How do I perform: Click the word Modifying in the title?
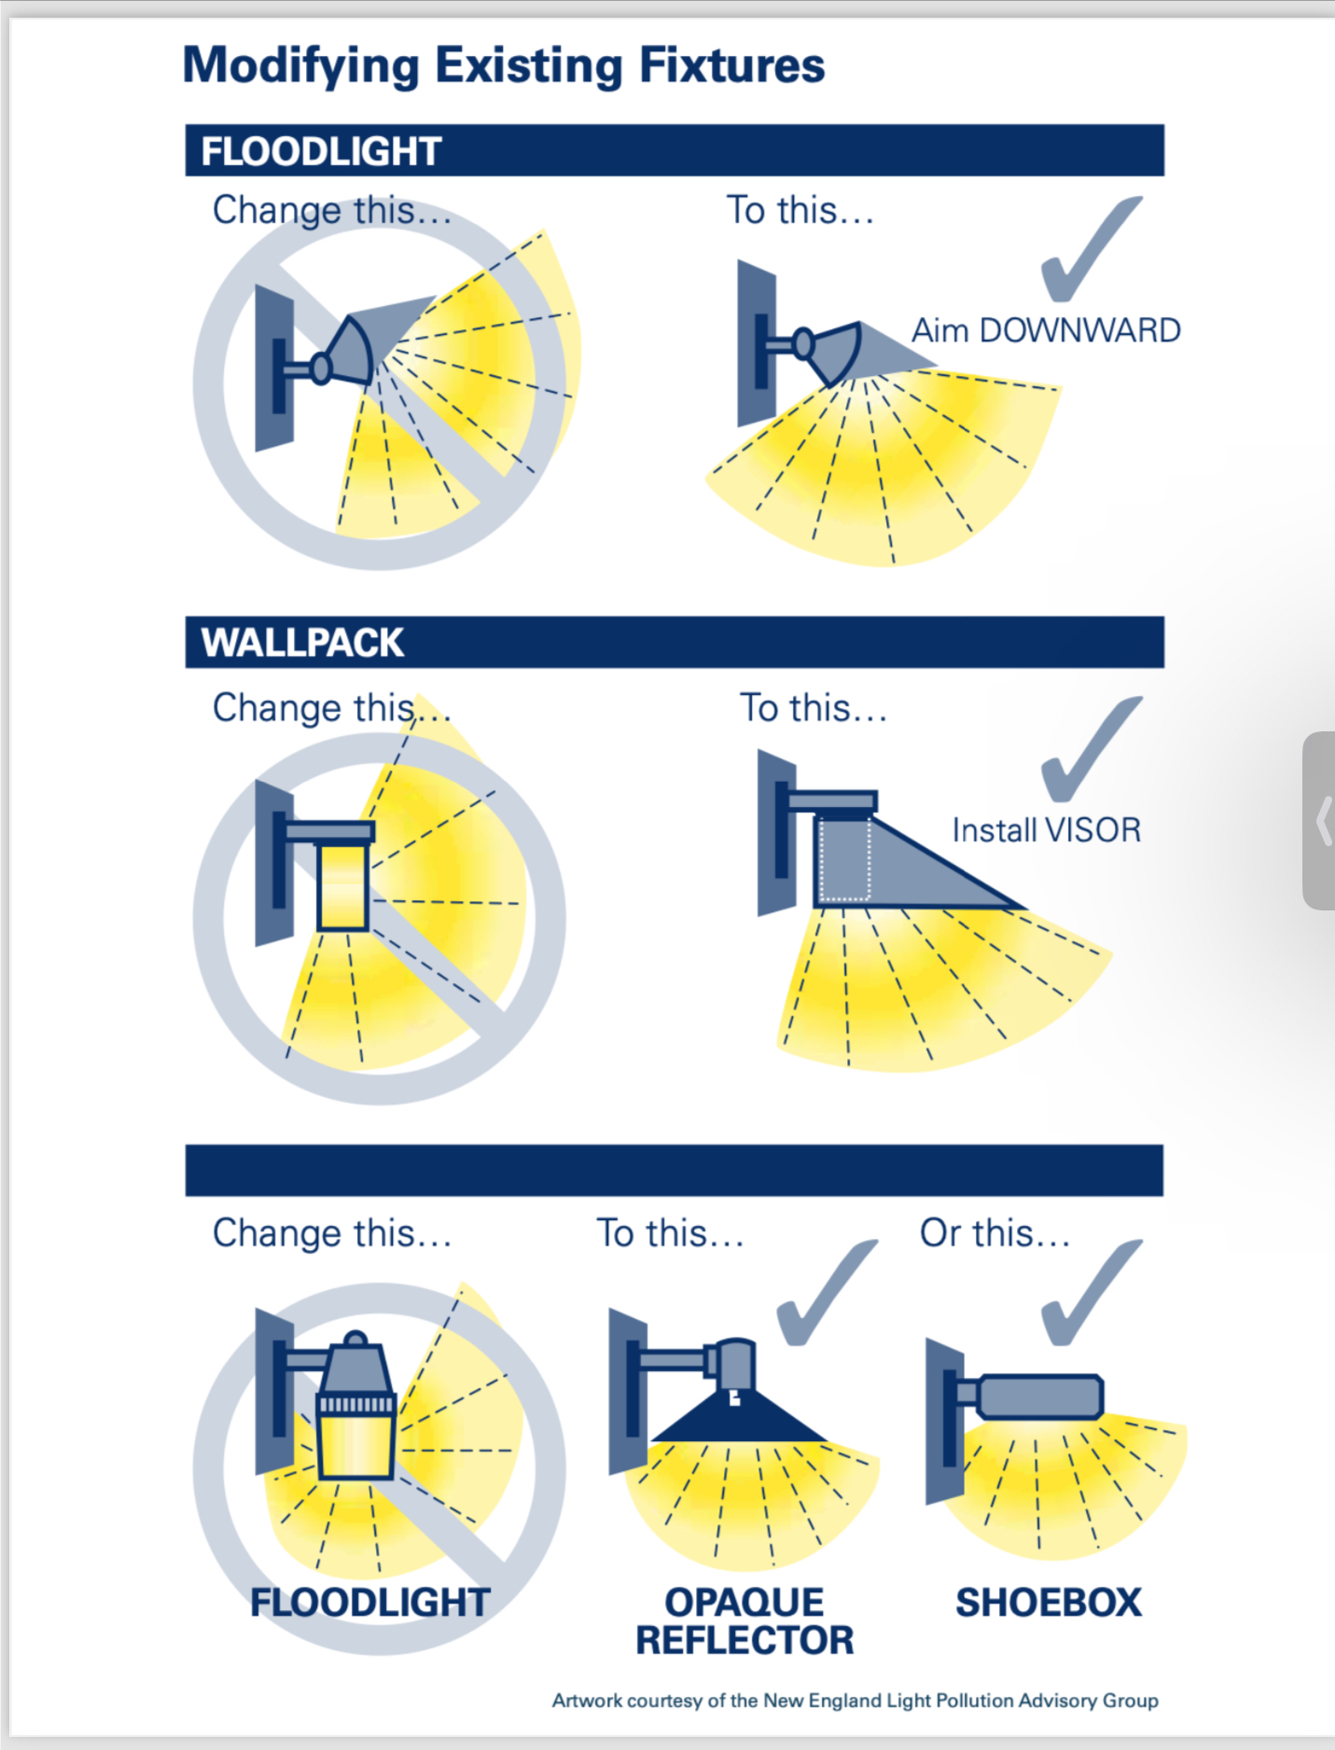tap(301, 67)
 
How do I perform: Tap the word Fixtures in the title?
tap(731, 65)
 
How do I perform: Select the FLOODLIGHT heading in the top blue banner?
tap(321, 151)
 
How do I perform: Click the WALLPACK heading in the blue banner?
tap(302, 643)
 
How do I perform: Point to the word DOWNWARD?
tap(1079, 330)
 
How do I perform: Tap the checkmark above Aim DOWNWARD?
tap(1091, 248)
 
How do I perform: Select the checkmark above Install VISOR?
tap(1091, 748)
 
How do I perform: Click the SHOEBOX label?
tap(1049, 1603)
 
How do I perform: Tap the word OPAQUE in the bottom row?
tap(744, 1603)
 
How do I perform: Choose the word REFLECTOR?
tap(744, 1640)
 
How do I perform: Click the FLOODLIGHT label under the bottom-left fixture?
tap(369, 1603)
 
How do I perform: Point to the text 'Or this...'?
tap(994, 1233)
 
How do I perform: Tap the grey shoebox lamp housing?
tap(1040, 1396)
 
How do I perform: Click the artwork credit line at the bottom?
tap(855, 1701)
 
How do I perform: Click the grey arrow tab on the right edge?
tap(1319, 820)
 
